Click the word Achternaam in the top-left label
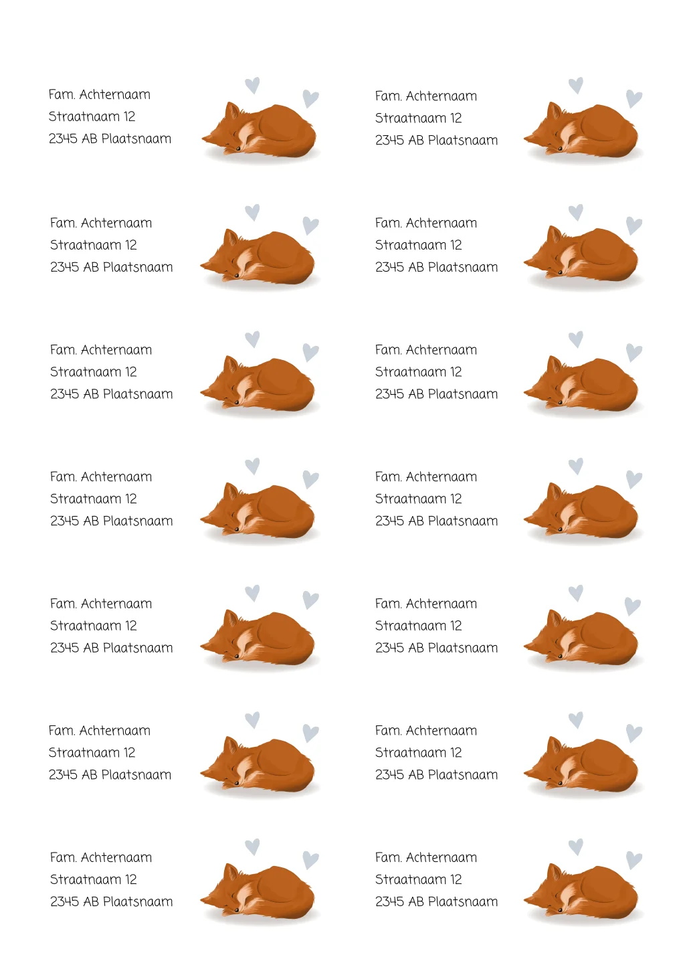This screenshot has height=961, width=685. pos(114,94)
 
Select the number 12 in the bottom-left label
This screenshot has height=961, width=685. pos(131,879)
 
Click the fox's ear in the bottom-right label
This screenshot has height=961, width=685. pos(554,872)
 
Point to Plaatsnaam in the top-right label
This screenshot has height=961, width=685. pos(463,140)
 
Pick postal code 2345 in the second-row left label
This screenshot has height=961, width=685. pos(64,267)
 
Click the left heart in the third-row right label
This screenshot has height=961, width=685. pos(575,339)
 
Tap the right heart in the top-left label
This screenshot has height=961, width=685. pos(310,98)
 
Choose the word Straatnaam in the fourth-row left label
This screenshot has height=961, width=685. pos(86,499)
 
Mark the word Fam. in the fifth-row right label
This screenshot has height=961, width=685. pos(388,603)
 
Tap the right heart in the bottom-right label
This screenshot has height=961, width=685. pos(634,860)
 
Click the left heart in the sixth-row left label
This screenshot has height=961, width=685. pos(252,720)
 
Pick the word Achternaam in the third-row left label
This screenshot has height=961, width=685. pos(116,349)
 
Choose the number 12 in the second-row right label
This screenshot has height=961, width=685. pos(456,244)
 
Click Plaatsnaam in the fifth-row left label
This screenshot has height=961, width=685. pos(138,647)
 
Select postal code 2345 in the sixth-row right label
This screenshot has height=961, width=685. pos(389,774)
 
